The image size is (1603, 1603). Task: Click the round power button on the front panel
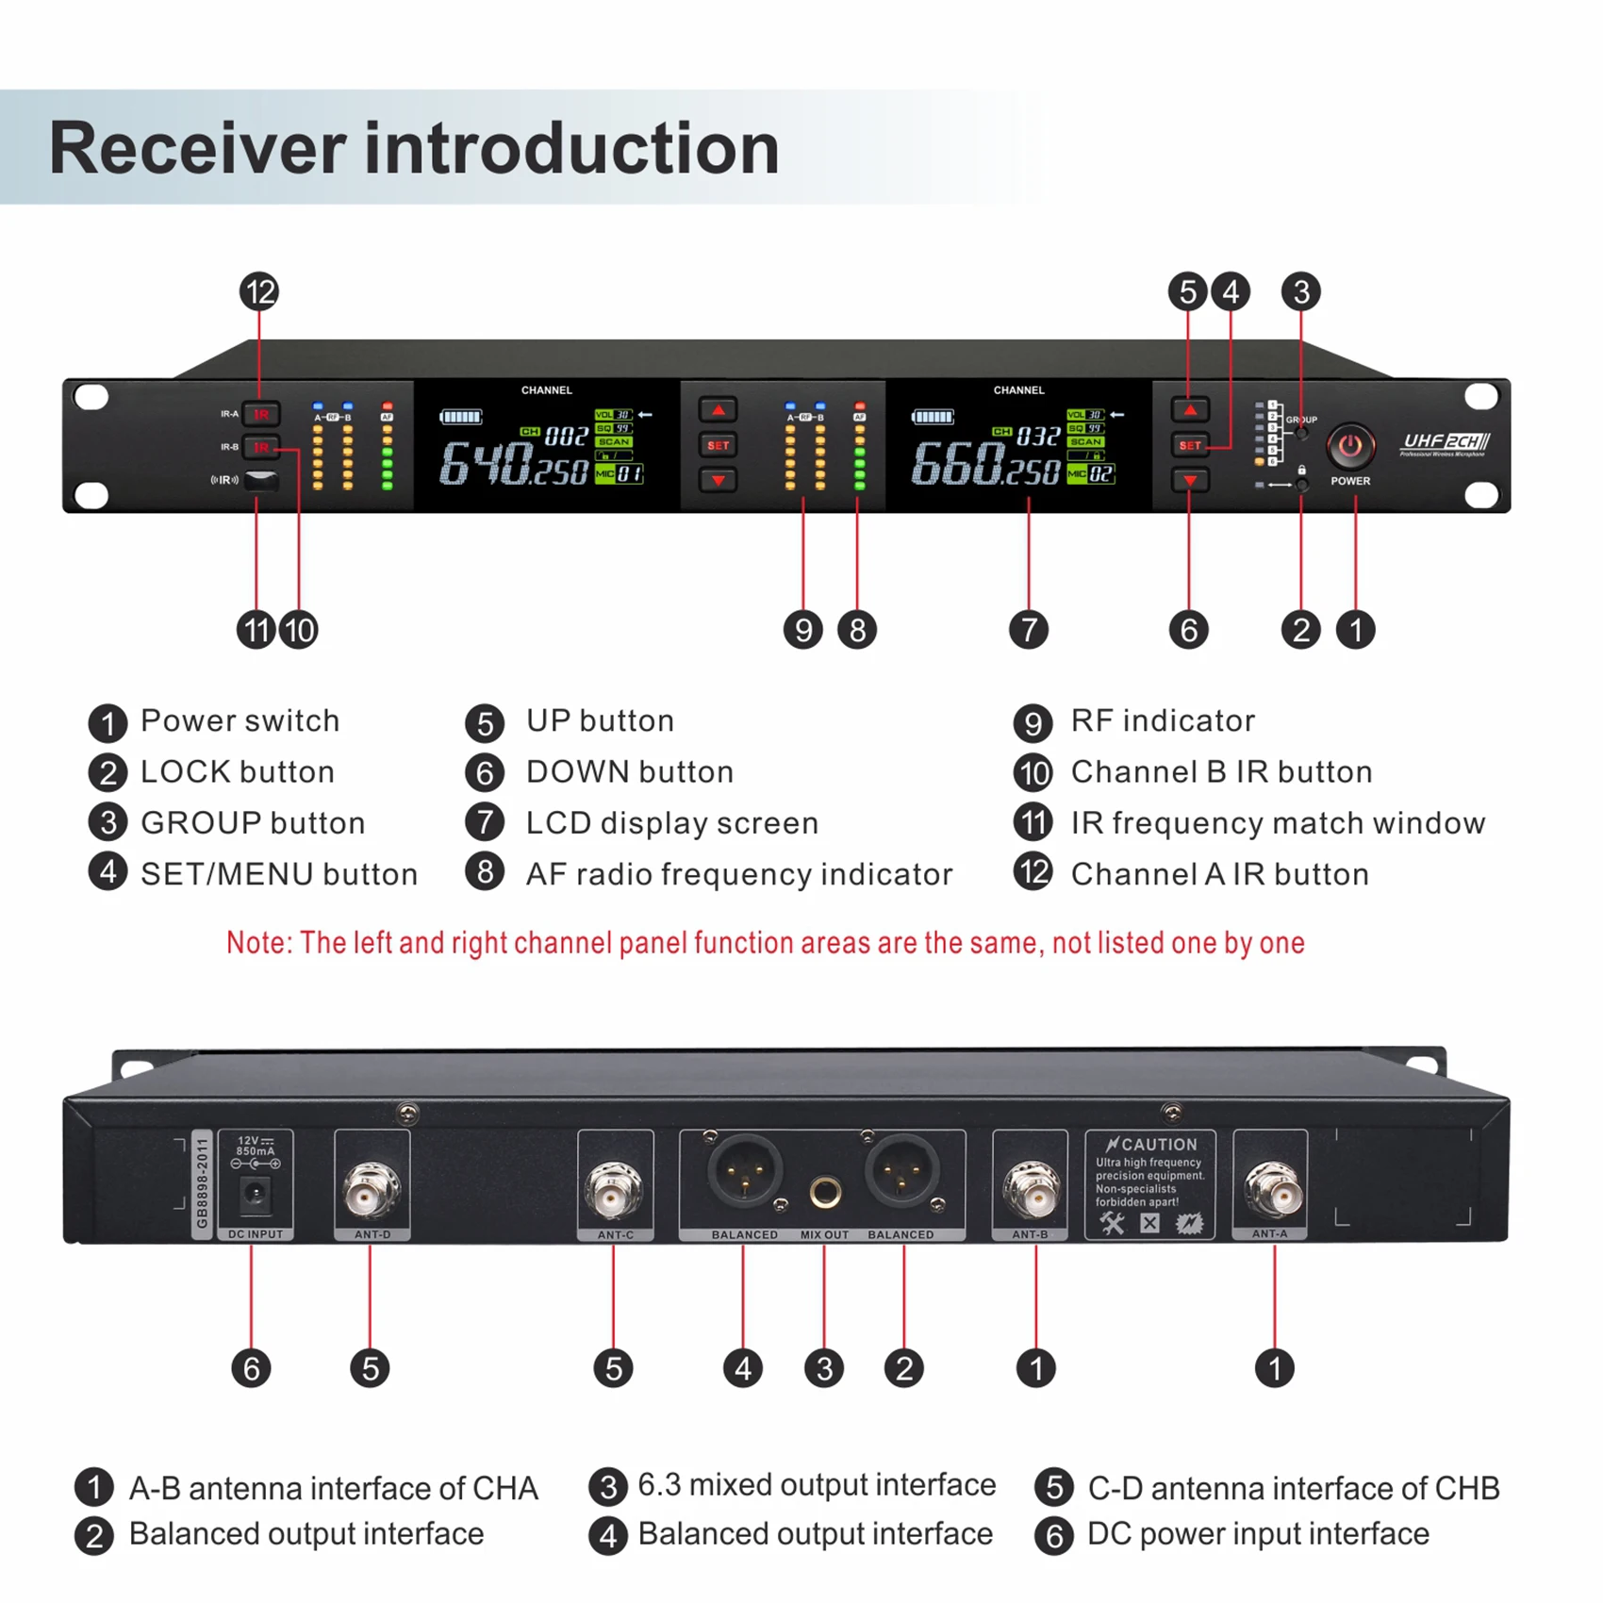(x=1350, y=446)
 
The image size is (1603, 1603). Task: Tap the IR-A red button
(x=260, y=414)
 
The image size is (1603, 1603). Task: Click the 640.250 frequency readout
(x=514, y=465)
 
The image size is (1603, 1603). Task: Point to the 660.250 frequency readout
(x=985, y=465)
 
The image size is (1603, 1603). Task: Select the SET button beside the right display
(x=1190, y=445)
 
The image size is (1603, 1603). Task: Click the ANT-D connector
(x=372, y=1190)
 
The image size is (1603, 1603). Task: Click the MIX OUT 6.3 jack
(x=825, y=1193)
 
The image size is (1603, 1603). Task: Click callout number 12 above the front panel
(x=259, y=292)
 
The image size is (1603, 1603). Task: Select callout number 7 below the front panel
(x=1028, y=630)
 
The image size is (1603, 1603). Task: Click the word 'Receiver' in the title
(x=198, y=149)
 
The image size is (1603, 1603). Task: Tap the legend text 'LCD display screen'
(x=671, y=823)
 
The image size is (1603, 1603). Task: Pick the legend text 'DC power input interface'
(x=1257, y=1534)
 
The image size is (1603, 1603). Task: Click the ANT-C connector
(x=615, y=1190)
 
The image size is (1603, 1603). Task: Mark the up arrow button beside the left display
(x=718, y=410)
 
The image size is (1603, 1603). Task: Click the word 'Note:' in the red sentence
(x=259, y=943)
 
